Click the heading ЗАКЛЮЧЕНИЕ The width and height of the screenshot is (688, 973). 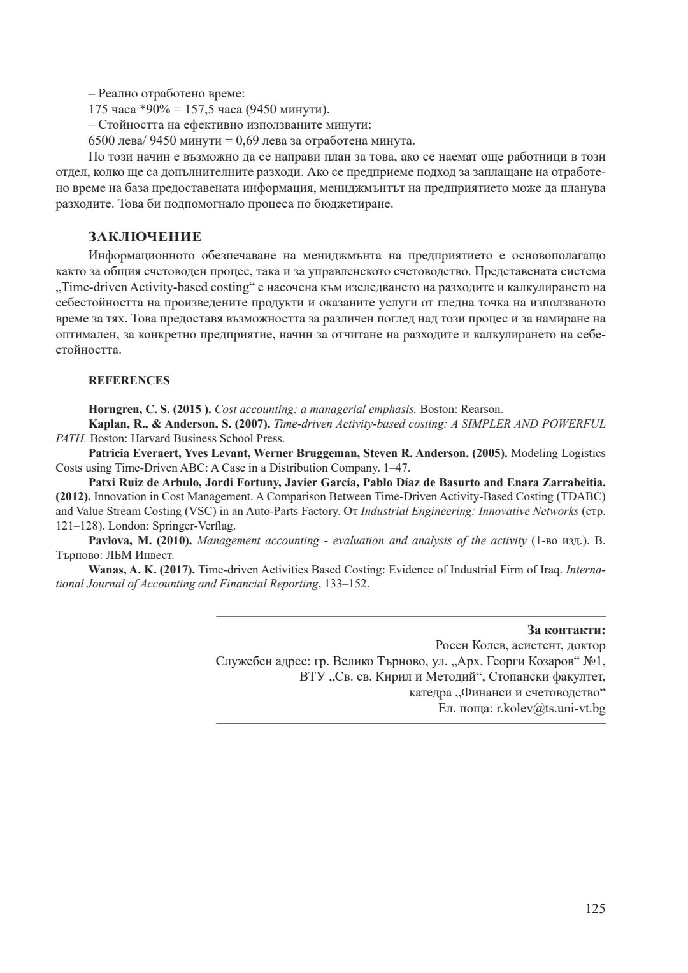click(x=145, y=237)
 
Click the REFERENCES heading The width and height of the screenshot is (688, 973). click(x=129, y=380)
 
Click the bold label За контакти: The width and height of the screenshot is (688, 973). click(x=566, y=630)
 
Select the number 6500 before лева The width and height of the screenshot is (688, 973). click(x=100, y=141)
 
